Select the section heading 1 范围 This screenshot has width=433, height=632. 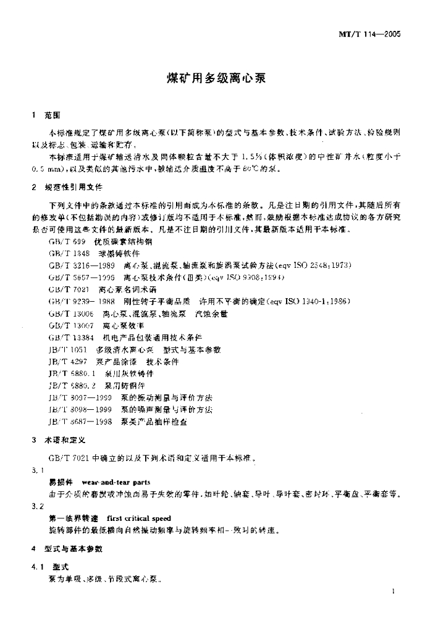pyautogui.click(x=46, y=115)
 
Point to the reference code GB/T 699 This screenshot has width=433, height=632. pyautogui.click(x=63, y=241)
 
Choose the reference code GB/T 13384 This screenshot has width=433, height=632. pyautogui.click(x=67, y=338)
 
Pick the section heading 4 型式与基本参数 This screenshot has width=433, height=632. pyautogui.click(x=69, y=549)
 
